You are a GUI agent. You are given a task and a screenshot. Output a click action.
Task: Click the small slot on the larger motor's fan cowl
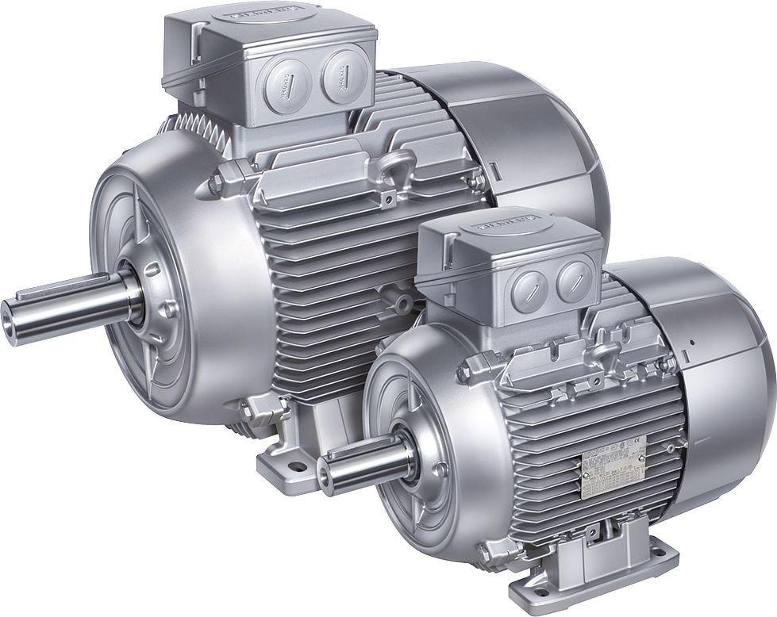click(x=494, y=170)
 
